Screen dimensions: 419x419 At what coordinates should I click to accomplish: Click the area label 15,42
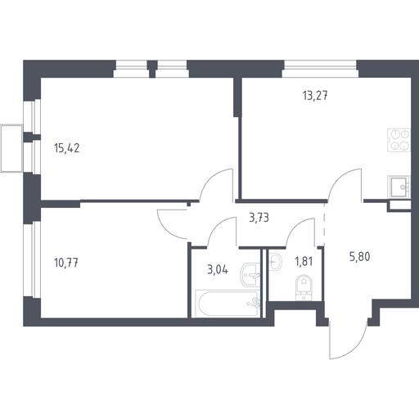click(x=67, y=148)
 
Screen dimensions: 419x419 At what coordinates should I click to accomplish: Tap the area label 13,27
click(x=315, y=96)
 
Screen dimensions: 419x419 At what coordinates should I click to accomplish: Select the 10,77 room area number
click(x=66, y=263)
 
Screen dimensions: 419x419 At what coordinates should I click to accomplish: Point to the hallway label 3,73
click(x=259, y=218)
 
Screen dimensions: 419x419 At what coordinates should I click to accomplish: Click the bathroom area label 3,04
click(x=218, y=270)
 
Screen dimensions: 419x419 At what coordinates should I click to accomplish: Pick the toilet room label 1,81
click(x=304, y=262)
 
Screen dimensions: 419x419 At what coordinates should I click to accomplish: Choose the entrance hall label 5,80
click(x=360, y=257)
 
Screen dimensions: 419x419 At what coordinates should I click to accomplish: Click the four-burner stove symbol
click(x=399, y=140)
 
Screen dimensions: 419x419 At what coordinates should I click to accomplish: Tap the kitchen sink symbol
click(x=399, y=187)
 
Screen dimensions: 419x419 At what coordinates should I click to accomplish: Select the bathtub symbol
click(x=227, y=304)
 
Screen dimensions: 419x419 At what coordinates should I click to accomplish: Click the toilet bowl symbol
click(x=304, y=286)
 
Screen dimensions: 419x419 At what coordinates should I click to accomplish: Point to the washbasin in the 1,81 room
click(x=275, y=262)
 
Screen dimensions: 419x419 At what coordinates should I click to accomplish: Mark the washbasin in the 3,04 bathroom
click(x=250, y=274)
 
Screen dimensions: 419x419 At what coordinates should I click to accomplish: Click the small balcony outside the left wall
click(x=11, y=148)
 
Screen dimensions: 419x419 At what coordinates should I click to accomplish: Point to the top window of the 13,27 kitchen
click(x=320, y=70)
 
